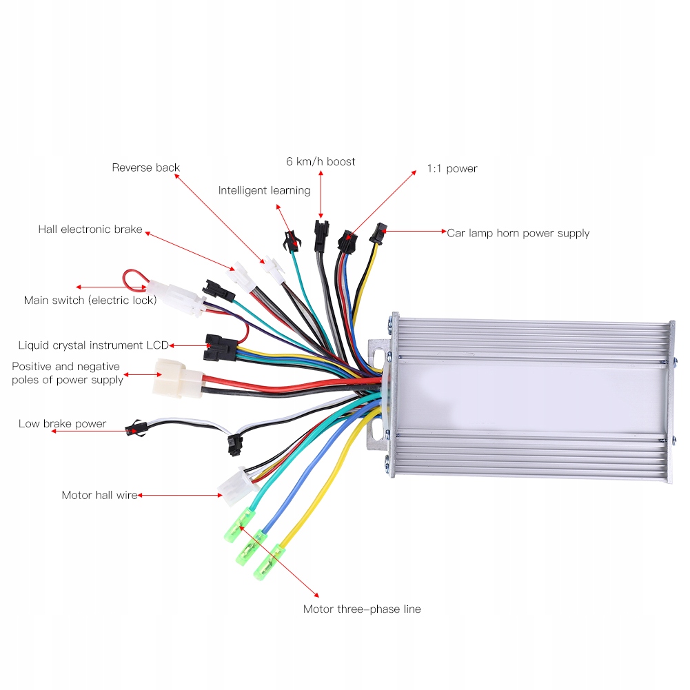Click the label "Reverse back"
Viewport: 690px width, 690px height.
pyautogui.click(x=145, y=168)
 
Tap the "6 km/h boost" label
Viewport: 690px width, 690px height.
pyautogui.click(x=321, y=161)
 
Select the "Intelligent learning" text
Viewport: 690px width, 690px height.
pyautogui.click(x=264, y=190)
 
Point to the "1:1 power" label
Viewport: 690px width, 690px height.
pyautogui.click(x=451, y=168)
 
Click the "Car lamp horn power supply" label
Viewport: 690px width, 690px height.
pyautogui.click(x=518, y=233)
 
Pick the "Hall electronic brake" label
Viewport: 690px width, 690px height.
pyautogui.click(x=90, y=230)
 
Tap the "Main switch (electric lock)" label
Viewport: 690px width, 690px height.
pyautogui.click(x=90, y=300)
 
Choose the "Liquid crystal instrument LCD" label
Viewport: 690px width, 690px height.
pyautogui.click(x=93, y=345)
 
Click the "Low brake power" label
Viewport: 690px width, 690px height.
pyautogui.click(x=62, y=424)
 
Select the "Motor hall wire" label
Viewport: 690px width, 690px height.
pyautogui.click(x=99, y=495)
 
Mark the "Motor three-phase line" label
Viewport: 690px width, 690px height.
pyautogui.click(x=362, y=609)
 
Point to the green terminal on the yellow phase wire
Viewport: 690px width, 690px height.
pyautogui.click(x=268, y=562)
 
